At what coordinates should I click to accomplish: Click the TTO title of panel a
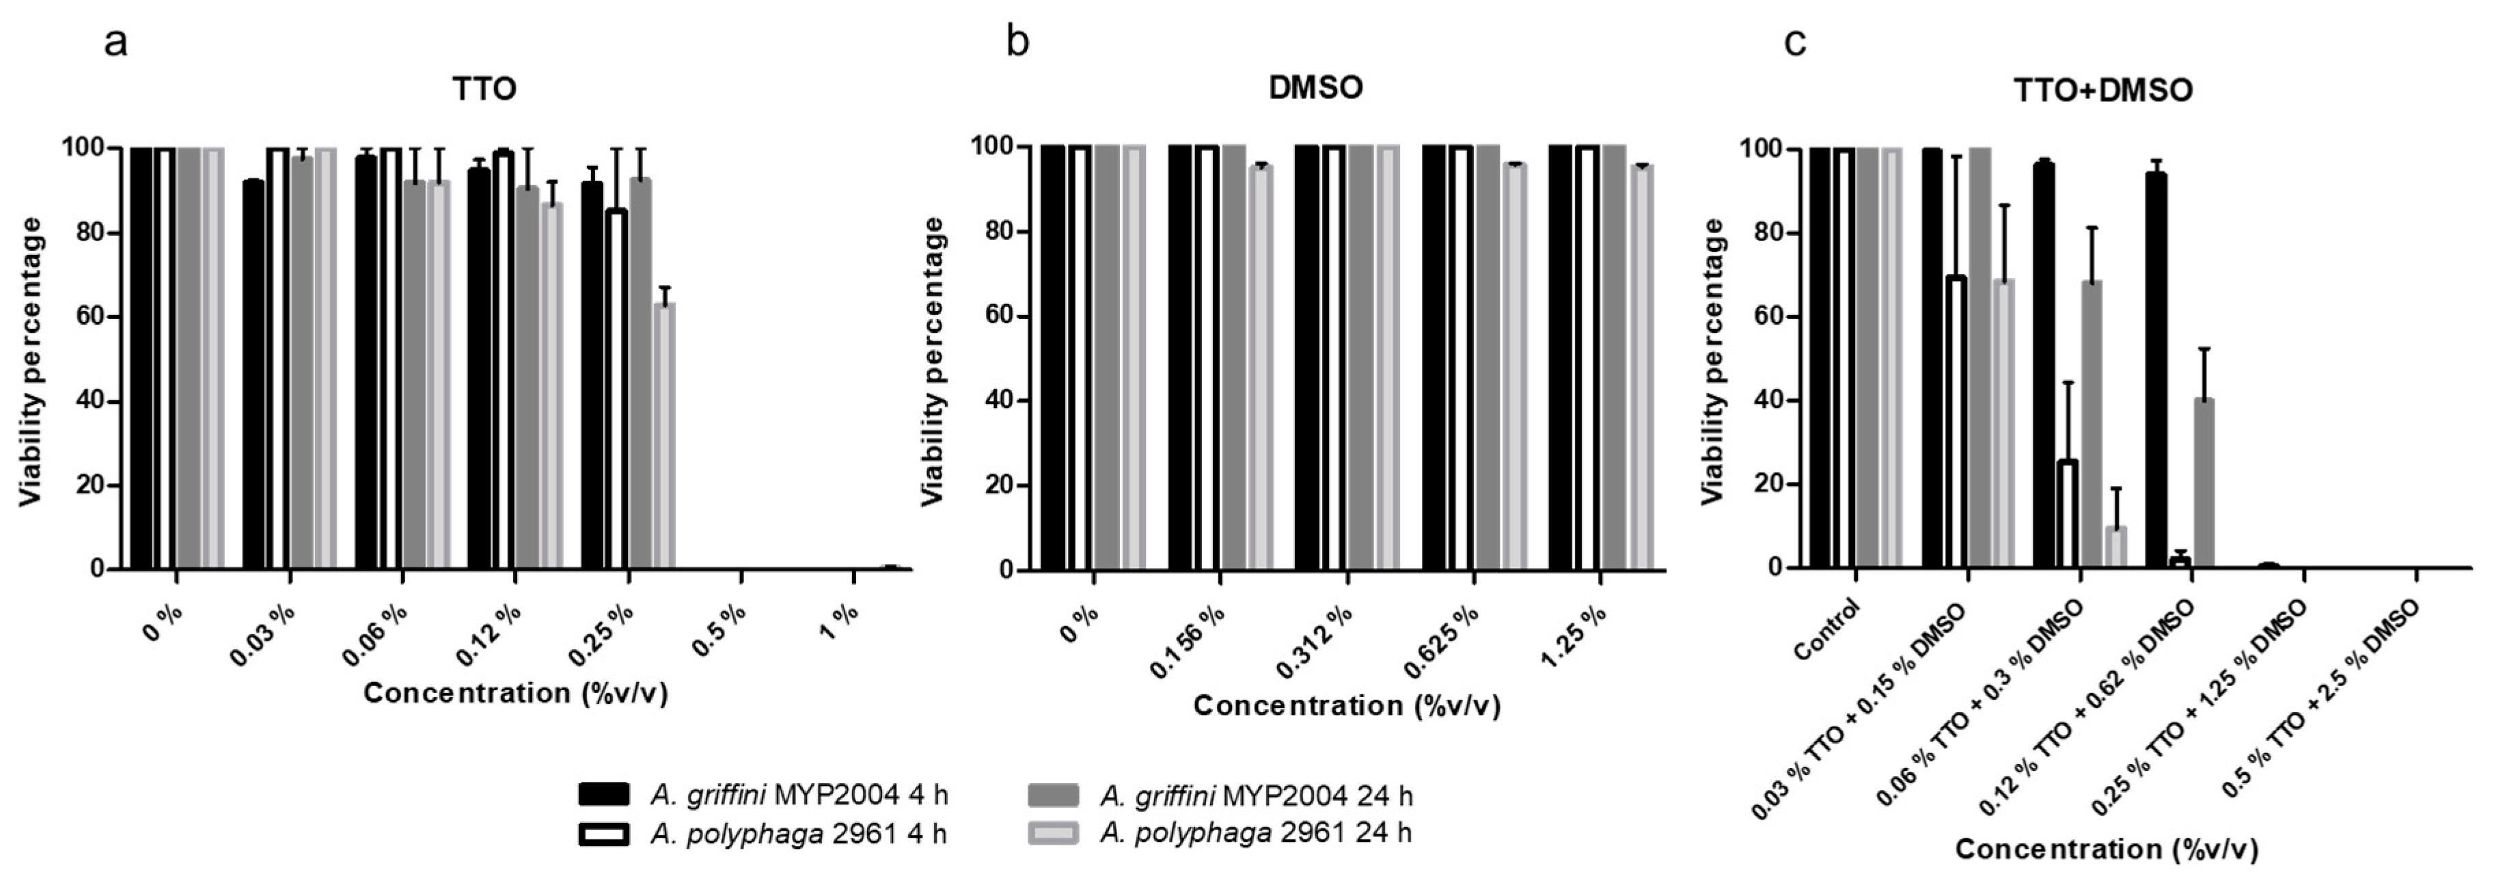pyautogui.click(x=484, y=89)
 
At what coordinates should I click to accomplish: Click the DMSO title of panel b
pyautogui.click(x=1316, y=87)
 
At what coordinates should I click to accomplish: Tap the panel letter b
pyautogui.click(x=1017, y=42)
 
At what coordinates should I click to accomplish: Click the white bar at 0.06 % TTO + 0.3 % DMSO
pyautogui.click(x=2067, y=514)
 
